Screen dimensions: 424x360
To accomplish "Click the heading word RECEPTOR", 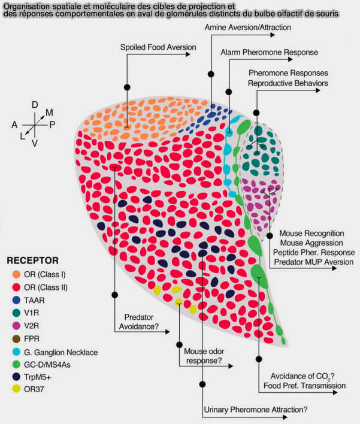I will [32, 261].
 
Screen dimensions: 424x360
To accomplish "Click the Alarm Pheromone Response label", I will [269, 52].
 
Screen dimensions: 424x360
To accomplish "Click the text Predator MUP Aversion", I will [312, 262].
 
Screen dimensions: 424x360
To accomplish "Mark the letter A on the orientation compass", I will [14, 124].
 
